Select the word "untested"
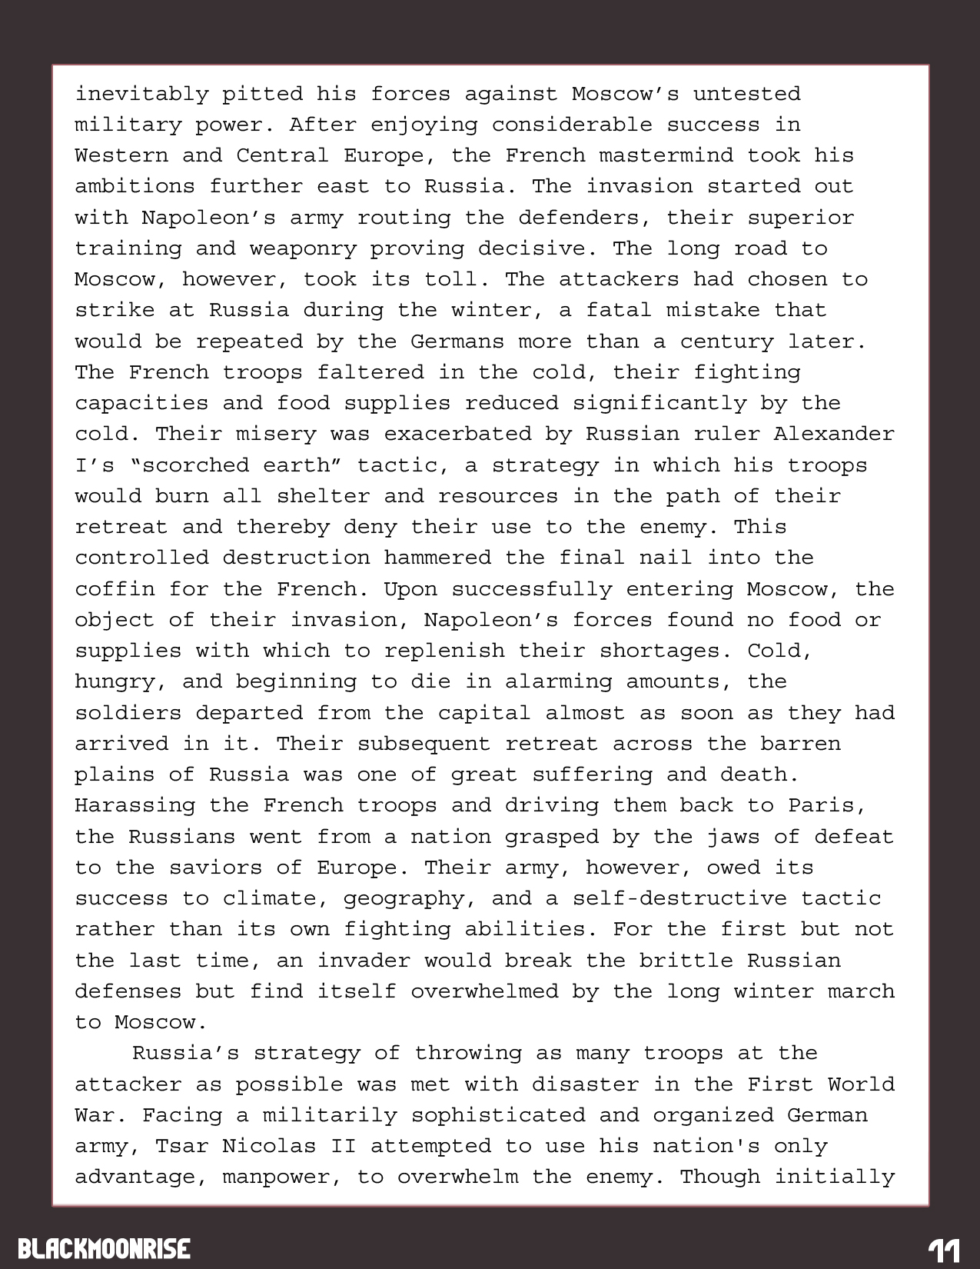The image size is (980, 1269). coord(746,95)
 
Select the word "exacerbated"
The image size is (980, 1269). coord(457,434)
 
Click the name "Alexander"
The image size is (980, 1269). coord(834,434)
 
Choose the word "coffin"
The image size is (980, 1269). coord(115,589)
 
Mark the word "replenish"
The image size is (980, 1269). coord(444,651)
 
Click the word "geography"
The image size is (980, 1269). coord(404,898)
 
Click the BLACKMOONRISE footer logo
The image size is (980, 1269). coord(104,1248)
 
